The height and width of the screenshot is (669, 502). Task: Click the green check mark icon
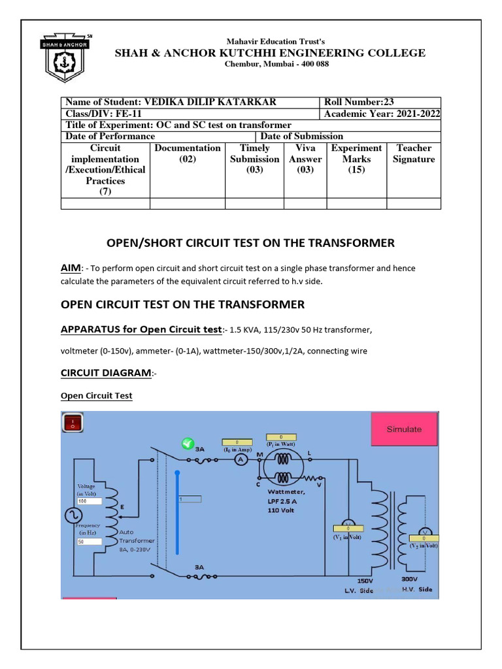[x=188, y=444]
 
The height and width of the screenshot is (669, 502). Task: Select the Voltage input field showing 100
[x=89, y=500]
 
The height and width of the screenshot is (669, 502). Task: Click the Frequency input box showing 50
[x=89, y=542]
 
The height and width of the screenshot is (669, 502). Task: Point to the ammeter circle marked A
[x=240, y=460]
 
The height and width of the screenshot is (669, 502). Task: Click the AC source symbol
[x=71, y=516]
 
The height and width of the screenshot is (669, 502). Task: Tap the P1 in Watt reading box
[x=280, y=436]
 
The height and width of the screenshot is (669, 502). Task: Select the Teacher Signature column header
[x=414, y=154]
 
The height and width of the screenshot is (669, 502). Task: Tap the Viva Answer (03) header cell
[x=305, y=159]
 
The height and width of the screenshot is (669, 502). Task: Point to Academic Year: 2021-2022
[x=382, y=114]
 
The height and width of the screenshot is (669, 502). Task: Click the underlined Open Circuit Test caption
[x=96, y=396]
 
